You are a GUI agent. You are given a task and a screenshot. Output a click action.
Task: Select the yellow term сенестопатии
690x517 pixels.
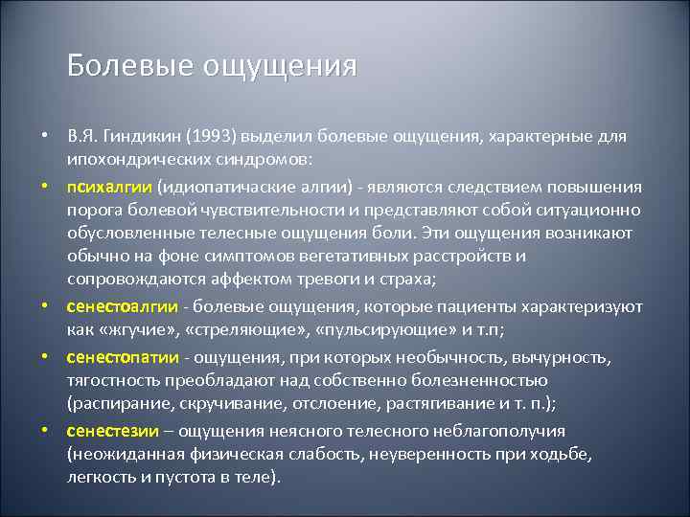tap(123, 357)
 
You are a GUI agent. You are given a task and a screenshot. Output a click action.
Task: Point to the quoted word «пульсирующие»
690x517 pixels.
tap(374, 330)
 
